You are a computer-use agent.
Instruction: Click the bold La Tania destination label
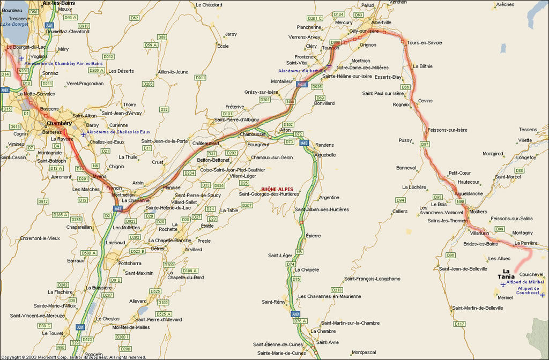pos(506,274)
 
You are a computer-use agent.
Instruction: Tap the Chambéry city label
pos(59,123)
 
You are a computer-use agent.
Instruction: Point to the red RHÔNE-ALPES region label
pos(277,189)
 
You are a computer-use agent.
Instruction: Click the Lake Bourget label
pos(13,24)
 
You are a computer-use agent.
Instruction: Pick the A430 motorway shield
pos(302,85)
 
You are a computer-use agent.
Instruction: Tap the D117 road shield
pos(459,324)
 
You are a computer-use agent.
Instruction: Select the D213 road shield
pos(337,290)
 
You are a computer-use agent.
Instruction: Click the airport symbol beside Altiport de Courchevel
pos(543,295)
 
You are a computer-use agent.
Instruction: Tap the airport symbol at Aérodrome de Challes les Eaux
pos(83,134)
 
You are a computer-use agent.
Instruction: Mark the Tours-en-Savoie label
pos(425,43)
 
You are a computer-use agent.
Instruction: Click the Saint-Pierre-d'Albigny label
pos(237,119)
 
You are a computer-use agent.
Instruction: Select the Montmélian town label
pos(122,194)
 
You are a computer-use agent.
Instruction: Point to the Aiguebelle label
pos(325,155)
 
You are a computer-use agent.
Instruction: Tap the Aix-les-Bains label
pos(59,3)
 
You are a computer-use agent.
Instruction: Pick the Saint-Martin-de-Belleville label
pos(478,308)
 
